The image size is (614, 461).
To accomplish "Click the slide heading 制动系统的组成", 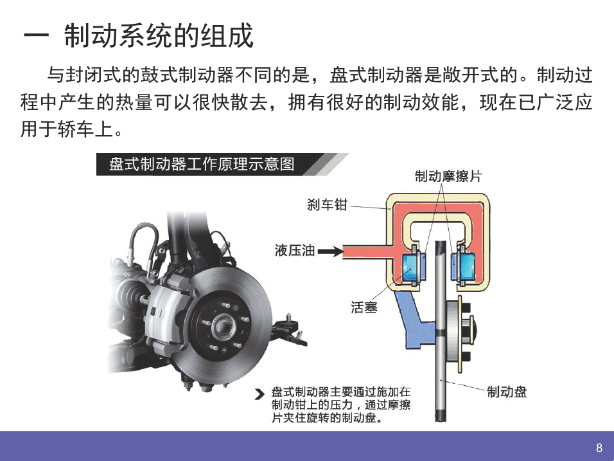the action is click(159, 36).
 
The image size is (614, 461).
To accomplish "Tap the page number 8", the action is click(599, 447).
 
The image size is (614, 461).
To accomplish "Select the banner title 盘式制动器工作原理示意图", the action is click(202, 164).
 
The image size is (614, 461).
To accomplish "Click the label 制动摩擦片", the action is click(448, 176).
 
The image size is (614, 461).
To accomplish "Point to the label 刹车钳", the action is click(327, 204).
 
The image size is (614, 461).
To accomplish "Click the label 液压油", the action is click(294, 250).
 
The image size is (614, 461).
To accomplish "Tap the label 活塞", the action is click(364, 307).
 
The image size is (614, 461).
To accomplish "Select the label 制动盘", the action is click(507, 392).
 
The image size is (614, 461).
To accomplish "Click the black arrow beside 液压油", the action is click(330, 251).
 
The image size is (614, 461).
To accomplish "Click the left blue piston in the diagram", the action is click(411, 267).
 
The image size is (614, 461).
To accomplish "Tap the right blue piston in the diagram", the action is click(466, 267).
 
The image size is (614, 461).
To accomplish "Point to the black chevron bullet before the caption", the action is click(259, 394).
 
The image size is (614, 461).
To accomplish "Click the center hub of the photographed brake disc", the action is click(224, 326).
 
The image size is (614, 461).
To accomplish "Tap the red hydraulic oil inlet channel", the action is click(368, 251).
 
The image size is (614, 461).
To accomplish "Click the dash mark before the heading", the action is click(36, 36).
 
